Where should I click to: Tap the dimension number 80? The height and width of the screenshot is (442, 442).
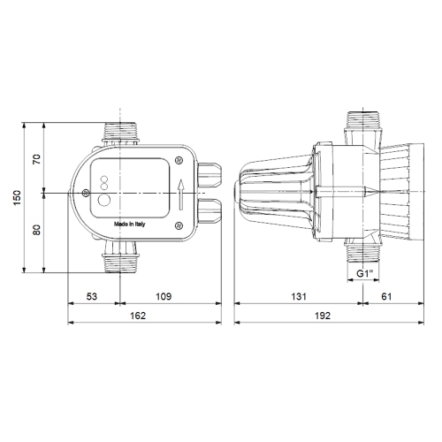[37, 231]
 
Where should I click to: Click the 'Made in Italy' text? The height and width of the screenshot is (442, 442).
[132, 225]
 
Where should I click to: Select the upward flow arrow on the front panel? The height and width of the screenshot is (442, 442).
[179, 194]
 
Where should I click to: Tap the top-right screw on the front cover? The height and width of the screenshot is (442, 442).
[179, 160]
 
